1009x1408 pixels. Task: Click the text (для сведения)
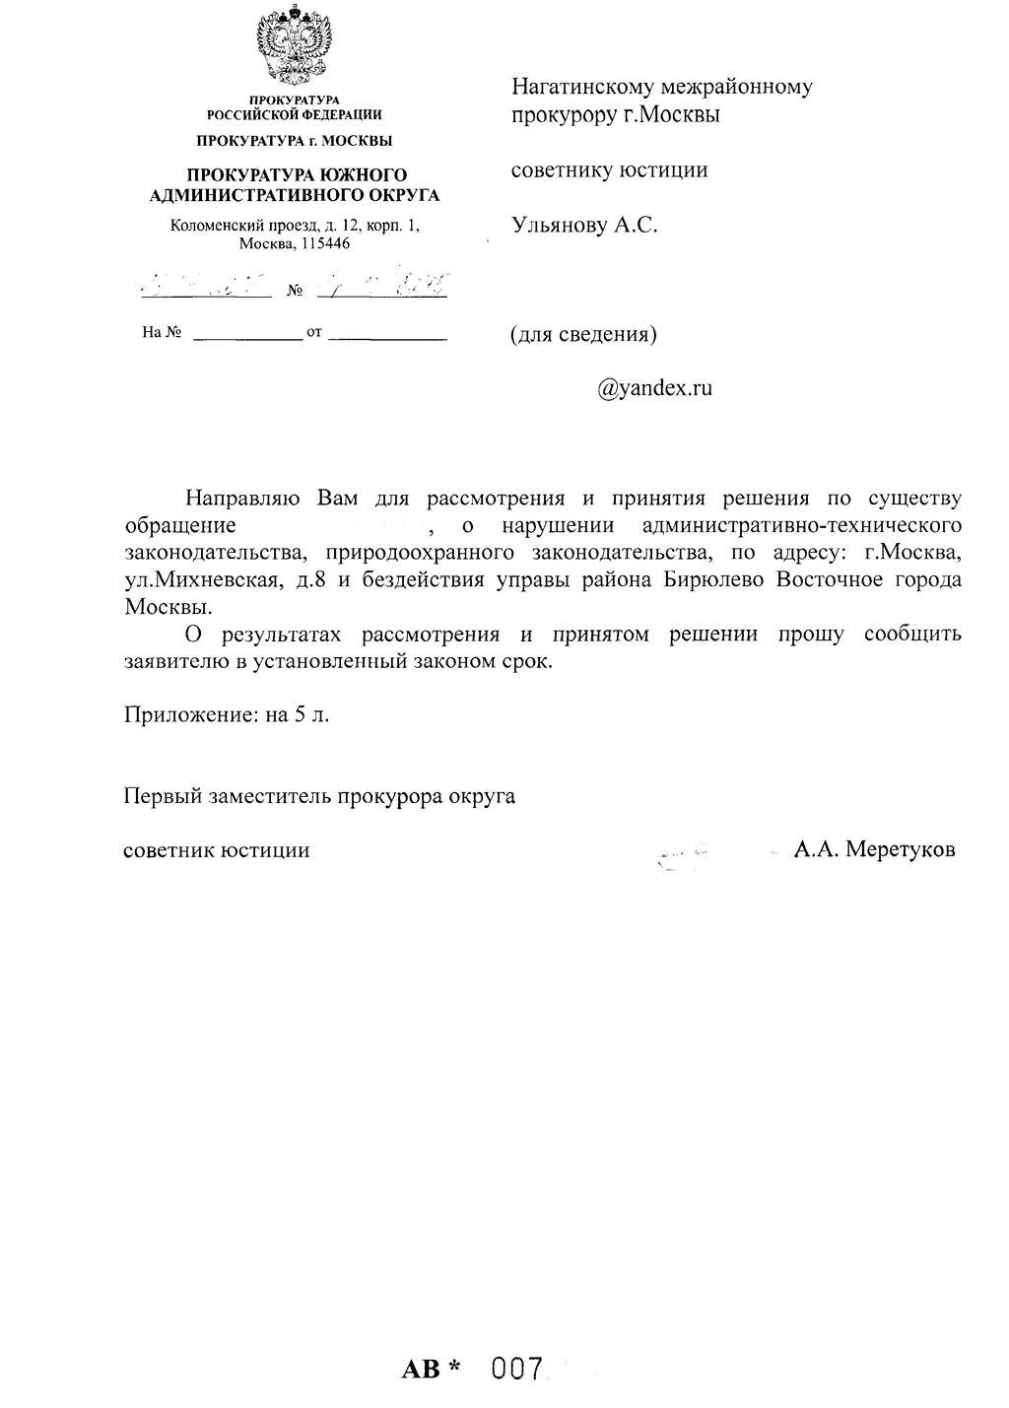point(583,334)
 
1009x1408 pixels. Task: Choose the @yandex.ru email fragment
point(654,388)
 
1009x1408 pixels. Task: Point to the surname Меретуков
point(901,849)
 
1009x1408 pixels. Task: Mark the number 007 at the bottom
point(518,1369)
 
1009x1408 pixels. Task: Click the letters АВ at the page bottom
point(422,1370)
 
